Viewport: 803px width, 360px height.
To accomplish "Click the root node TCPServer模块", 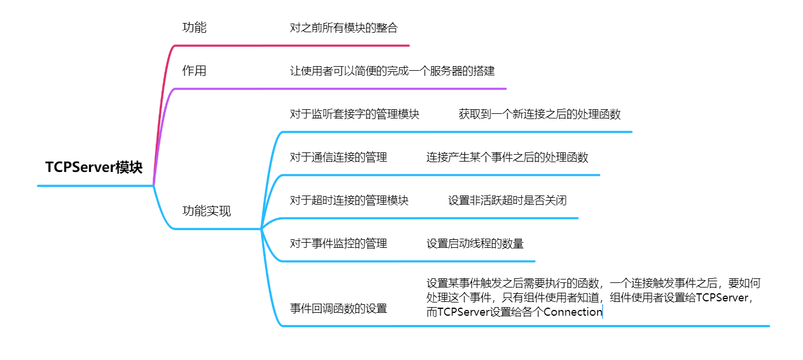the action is (94, 167).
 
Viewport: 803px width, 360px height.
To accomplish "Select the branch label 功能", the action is (194, 28).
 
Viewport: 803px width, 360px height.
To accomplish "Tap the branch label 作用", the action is (194, 71).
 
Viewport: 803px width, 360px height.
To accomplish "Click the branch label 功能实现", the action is (206, 211).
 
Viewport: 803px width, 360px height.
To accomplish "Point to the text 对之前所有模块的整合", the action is (344, 28).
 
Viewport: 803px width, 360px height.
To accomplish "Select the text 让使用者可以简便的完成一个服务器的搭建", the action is (392, 71).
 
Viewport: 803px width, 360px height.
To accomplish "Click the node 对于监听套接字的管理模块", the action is (355, 114).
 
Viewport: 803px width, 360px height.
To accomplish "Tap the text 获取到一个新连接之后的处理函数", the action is (540, 114).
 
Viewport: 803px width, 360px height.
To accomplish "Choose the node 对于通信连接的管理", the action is (339, 157).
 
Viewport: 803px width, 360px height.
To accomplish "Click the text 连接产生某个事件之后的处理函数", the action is (507, 157).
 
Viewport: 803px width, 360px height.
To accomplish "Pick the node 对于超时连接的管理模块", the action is (349, 200).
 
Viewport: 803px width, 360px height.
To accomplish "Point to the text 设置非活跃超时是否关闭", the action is (508, 200).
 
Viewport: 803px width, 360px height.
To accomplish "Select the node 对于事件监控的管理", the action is (339, 244).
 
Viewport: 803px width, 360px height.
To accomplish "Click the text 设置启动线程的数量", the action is (475, 244).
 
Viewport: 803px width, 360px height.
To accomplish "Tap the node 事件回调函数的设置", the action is (339, 308).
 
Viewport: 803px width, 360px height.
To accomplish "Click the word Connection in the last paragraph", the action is (573, 312).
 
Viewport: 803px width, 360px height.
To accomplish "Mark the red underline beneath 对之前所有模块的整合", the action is (345, 45).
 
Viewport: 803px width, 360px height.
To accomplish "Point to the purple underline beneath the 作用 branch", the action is (345, 89).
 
